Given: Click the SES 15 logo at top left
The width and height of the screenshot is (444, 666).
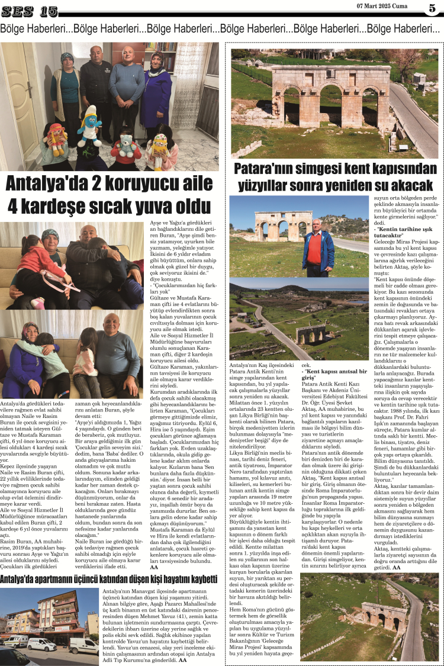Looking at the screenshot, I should [29, 11].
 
